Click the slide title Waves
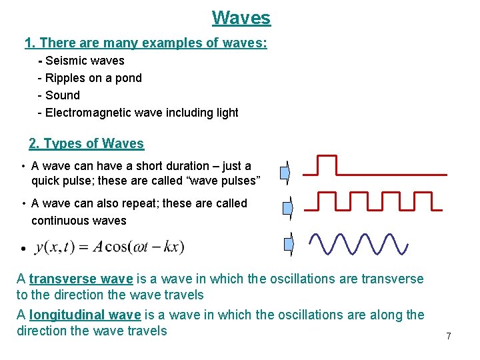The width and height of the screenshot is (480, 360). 241,17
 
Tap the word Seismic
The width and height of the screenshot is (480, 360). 66,61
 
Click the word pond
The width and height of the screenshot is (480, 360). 128,78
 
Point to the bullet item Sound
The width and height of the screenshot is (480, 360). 62,95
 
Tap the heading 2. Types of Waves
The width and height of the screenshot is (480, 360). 86,143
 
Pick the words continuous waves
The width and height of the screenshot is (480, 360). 79,221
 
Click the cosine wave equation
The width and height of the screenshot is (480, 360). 110,247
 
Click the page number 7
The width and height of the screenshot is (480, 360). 449,336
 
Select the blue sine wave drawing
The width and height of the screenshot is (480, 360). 359,244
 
